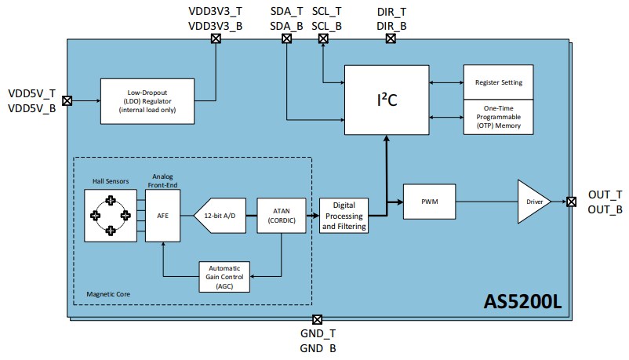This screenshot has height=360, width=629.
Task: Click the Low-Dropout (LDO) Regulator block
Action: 149,100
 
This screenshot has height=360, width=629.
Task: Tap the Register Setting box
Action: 498,82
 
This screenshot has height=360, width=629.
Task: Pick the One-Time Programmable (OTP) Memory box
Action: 498,117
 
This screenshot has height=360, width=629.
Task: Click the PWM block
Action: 429,202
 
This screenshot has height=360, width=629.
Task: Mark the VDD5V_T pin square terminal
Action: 67,100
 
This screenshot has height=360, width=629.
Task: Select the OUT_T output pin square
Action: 572,202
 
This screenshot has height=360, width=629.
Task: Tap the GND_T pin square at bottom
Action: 317,319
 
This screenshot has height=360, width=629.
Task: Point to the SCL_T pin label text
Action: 326,12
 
